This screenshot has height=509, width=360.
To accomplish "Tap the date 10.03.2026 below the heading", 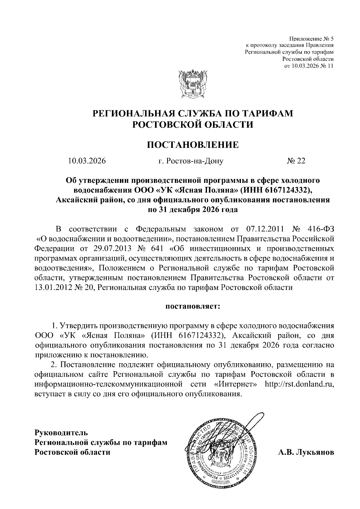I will pyautogui.click(x=87, y=161).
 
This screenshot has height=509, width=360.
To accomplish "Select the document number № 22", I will pyautogui.click(x=296, y=161).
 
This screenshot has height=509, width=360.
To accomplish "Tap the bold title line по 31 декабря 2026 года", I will pyautogui.click(x=193, y=210).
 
